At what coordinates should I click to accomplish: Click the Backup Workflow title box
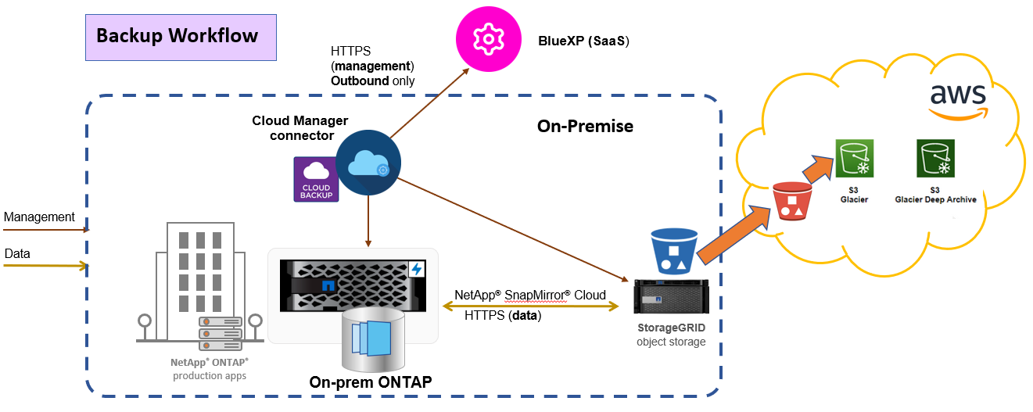[x=181, y=37]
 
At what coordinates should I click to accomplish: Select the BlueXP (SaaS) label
[x=583, y=41]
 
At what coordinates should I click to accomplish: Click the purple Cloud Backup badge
[x=316, y=180]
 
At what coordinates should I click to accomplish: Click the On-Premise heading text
[x=585, y=126]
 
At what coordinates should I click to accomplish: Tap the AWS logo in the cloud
[x=957, y=99]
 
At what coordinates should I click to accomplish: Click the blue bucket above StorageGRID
[x=673, y=250]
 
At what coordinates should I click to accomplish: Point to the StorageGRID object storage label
[x=671, y=335]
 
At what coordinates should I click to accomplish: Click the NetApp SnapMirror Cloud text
[x=530, y=295]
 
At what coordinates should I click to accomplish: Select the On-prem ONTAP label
[x=371, y=382]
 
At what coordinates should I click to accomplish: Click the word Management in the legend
[x=39, y=217]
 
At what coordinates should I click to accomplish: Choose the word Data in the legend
[x=17, y=253]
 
